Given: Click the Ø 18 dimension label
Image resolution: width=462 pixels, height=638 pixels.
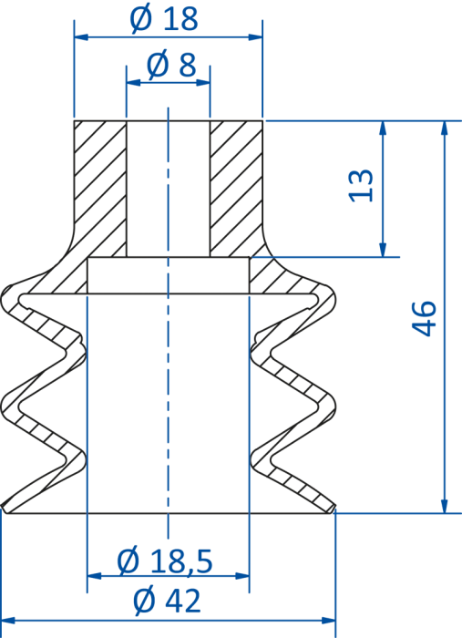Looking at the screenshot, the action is pyautogui.click(x=164, y=18).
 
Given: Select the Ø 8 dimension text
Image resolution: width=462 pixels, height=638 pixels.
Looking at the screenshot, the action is pyautogui.click(x=171, y=65).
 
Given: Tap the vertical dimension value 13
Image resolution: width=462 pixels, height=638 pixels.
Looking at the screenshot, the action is pyautogui.click(x=361, y=185).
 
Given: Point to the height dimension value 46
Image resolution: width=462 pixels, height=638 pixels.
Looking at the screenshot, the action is pyautogui.click(x=424, y=319).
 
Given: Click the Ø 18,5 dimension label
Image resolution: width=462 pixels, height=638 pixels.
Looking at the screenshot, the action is pyautogui.click(x=165, y=561).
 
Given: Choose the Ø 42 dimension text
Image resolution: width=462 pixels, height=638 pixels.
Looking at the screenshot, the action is pyautogui.click(x=167, y=601).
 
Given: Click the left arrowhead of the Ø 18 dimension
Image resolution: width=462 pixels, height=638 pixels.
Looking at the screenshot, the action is pyautogui.click(x=81, y=37).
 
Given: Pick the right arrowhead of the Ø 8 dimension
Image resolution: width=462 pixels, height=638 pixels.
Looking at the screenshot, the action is pyautogui.click(x=203, y=83).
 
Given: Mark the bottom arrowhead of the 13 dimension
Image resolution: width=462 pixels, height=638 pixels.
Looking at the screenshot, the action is pyautogui.click(x=383, y=250).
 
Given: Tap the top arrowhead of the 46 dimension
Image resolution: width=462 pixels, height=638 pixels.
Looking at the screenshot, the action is pyautogui.click(x=444, y=128).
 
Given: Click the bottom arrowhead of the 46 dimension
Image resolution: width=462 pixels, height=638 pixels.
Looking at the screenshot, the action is pyautogui.click(x=444, y=506).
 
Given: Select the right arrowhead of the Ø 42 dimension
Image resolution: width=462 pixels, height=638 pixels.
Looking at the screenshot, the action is pyautogui.click(x=329, y=621).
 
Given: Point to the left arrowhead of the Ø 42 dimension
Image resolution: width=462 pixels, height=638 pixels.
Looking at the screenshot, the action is pyautogui.click(x=8, y=621).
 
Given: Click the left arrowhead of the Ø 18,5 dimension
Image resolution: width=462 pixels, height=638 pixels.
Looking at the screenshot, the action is pyautogui.click(x=95, y=576).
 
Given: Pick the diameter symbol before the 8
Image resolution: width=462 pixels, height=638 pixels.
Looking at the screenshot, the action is pyautogui.click(x=158, y=65).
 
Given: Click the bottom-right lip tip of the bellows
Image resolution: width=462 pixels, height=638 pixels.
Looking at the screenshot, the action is pyautogui.click(x=334, y=507).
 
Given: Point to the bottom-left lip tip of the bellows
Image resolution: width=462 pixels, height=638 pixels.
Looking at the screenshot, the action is pyautogui.click(x=4, y=508).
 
